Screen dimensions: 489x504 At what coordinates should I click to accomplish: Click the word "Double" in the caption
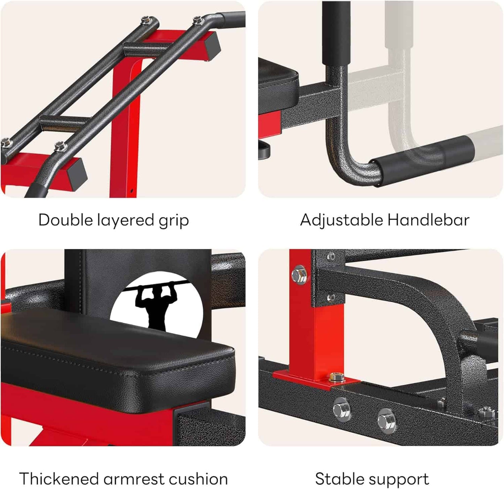(x=65, y=220)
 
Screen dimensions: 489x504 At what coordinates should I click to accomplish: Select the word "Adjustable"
(x=341, y=220)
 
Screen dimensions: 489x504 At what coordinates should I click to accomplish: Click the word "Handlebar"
(x=428, y=220)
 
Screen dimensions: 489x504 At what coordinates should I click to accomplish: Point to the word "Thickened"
(x=59, y=479)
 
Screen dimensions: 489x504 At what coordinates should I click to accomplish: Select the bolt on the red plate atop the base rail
(x=336, y=377)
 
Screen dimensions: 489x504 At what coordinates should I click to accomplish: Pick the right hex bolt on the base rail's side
(x=386, y=420)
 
